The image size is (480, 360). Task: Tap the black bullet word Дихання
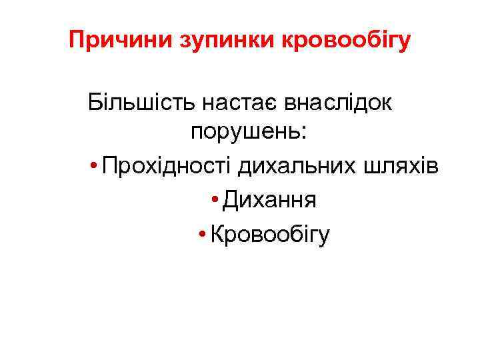click(x=269, y=199)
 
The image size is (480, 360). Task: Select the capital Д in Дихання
click(x=231, y=199)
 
